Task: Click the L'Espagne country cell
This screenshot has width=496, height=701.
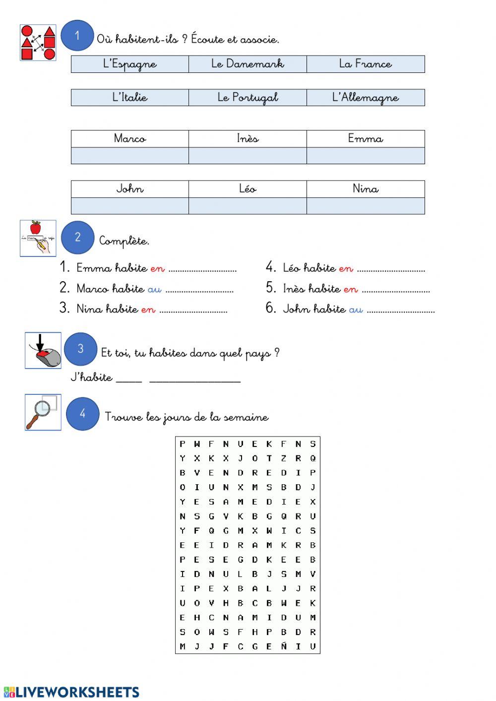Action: tap(130, 64)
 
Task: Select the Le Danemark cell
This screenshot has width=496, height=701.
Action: tap(248, 64)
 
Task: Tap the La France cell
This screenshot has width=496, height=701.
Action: tap(366, 64)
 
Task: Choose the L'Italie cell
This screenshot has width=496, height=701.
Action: tap(130, 97)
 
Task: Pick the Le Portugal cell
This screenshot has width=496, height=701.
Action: tap(248, 97)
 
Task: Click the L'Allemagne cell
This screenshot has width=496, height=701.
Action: tap(366, 97)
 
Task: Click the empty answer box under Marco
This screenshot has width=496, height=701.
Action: tap(130, 155)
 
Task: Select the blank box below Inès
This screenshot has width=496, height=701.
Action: tap(248, 155)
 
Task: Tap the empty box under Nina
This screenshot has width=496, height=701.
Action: tap(366, 205)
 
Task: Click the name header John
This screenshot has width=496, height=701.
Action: tap(130, 189)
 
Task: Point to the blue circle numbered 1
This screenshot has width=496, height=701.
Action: tap(77, 35)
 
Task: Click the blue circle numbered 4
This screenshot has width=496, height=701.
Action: tap(83, 413)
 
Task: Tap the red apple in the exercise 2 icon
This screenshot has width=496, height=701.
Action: tap(35, 228)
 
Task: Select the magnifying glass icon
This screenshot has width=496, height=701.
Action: tap(39, 411)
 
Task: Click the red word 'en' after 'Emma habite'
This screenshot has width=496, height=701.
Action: tap(157, 268)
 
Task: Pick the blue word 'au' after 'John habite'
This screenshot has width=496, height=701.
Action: tap(356, 309)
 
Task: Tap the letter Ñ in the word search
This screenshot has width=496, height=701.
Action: tap(284, 646)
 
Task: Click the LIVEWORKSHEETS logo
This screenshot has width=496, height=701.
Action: tap(71, 692)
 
